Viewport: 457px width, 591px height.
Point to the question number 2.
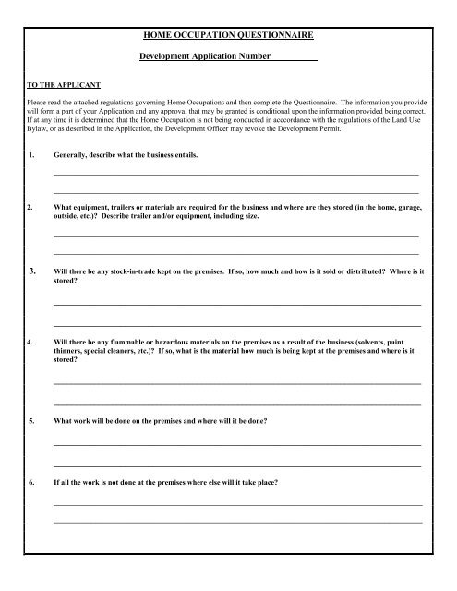pyautogui.click(x=33, y=208)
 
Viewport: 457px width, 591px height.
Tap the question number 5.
pyautogui.click(x=33, y=421)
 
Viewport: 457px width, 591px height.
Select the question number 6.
pyautogui.click(x=33, y=483)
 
